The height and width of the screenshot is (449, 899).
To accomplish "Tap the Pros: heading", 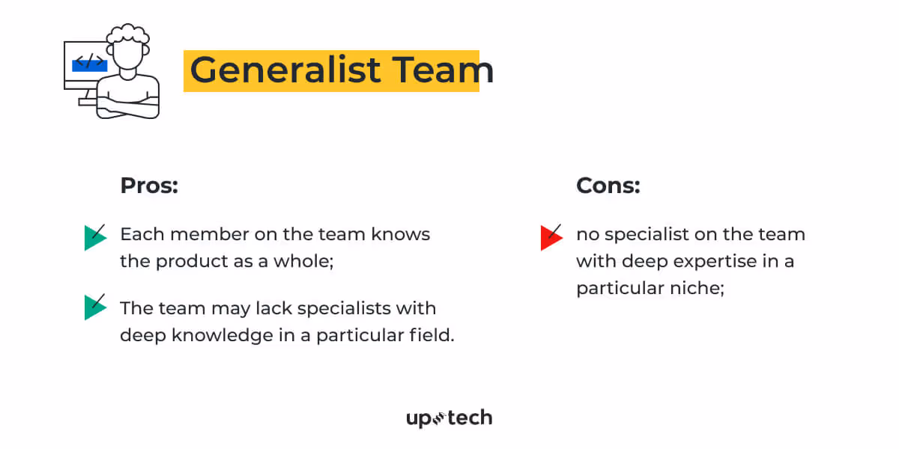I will pos(149,186).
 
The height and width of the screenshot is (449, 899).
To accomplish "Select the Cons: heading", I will pos(608,186).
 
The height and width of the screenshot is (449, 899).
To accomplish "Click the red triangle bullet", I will pos(549,237).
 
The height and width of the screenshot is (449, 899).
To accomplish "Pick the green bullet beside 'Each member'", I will pos(94,237).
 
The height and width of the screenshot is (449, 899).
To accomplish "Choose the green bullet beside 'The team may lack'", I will pos(94,307).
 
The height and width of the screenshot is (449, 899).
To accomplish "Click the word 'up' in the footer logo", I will pos(419,418).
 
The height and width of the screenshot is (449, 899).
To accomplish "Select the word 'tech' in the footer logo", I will pos(470,418).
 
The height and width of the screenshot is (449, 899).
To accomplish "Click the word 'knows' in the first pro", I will pos(400,234).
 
